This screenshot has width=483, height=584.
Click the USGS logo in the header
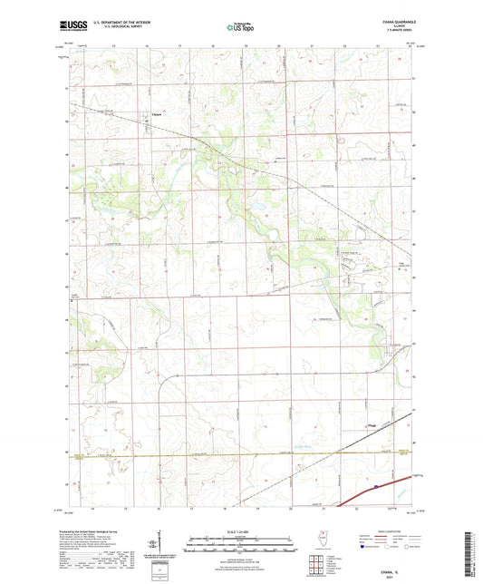pyautogui.click(x=74, y=26)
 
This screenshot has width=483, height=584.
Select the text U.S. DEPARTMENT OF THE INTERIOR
pyautogui.click(x=120, y=23)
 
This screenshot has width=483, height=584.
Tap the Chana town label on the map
pyautogui.click(x=156, y=114)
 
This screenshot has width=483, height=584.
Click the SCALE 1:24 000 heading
pyautogui.click(x=240, y=531)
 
